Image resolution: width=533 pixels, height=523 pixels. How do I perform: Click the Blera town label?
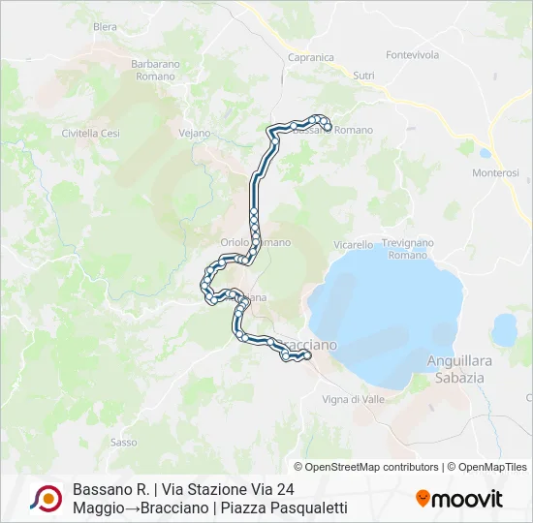point(105,27)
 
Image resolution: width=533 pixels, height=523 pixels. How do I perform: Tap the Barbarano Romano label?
point(155,70)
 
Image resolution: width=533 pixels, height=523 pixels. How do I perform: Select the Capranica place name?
point(311,57)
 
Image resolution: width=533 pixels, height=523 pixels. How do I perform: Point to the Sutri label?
point(363,75)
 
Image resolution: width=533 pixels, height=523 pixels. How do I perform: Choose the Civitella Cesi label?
point(90,133)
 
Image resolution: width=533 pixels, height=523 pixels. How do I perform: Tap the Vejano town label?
point(195,133)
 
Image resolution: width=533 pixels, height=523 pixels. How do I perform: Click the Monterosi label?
point(496,172)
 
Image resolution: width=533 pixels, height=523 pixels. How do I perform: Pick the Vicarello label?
point(354,245)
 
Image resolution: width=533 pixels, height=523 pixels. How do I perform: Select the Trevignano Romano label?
point(407,249)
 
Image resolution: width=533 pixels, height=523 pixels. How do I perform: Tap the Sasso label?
point(123,442)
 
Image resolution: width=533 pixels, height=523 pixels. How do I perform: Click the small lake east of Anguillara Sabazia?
point(504,330)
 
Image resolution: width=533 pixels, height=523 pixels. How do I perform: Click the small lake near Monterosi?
point(484,152)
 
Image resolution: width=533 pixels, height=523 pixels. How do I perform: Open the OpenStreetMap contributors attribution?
point(372,467)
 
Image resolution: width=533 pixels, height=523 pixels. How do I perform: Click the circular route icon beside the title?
point(46,499)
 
